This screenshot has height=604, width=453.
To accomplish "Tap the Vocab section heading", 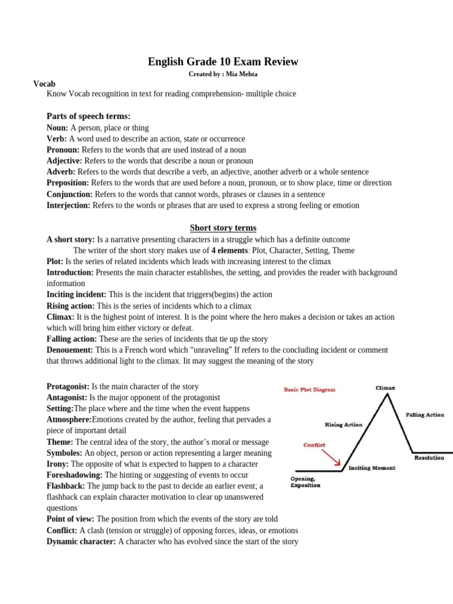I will (x=44, y=84).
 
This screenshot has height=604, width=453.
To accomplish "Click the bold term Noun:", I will (x=57, y=127).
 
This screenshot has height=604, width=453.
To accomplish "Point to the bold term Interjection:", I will (x=68, y=205).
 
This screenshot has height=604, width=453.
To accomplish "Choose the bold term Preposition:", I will (x=68, y=183).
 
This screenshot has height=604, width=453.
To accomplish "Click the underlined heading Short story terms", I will (x=223, y=228).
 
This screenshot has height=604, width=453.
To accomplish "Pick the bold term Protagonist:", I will (x=68, y=386).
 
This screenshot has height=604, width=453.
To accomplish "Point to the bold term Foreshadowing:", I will (x=74, y=474).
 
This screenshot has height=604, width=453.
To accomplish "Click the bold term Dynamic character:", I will (x=81, y=541).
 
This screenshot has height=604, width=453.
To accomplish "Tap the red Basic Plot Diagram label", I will (x=310, y=389).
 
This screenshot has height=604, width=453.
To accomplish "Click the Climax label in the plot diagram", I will (x=385, y=388).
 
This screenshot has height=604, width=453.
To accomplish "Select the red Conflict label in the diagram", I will (x=314, y=445).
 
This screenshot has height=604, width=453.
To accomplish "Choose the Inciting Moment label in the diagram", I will (x=372, y=468).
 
